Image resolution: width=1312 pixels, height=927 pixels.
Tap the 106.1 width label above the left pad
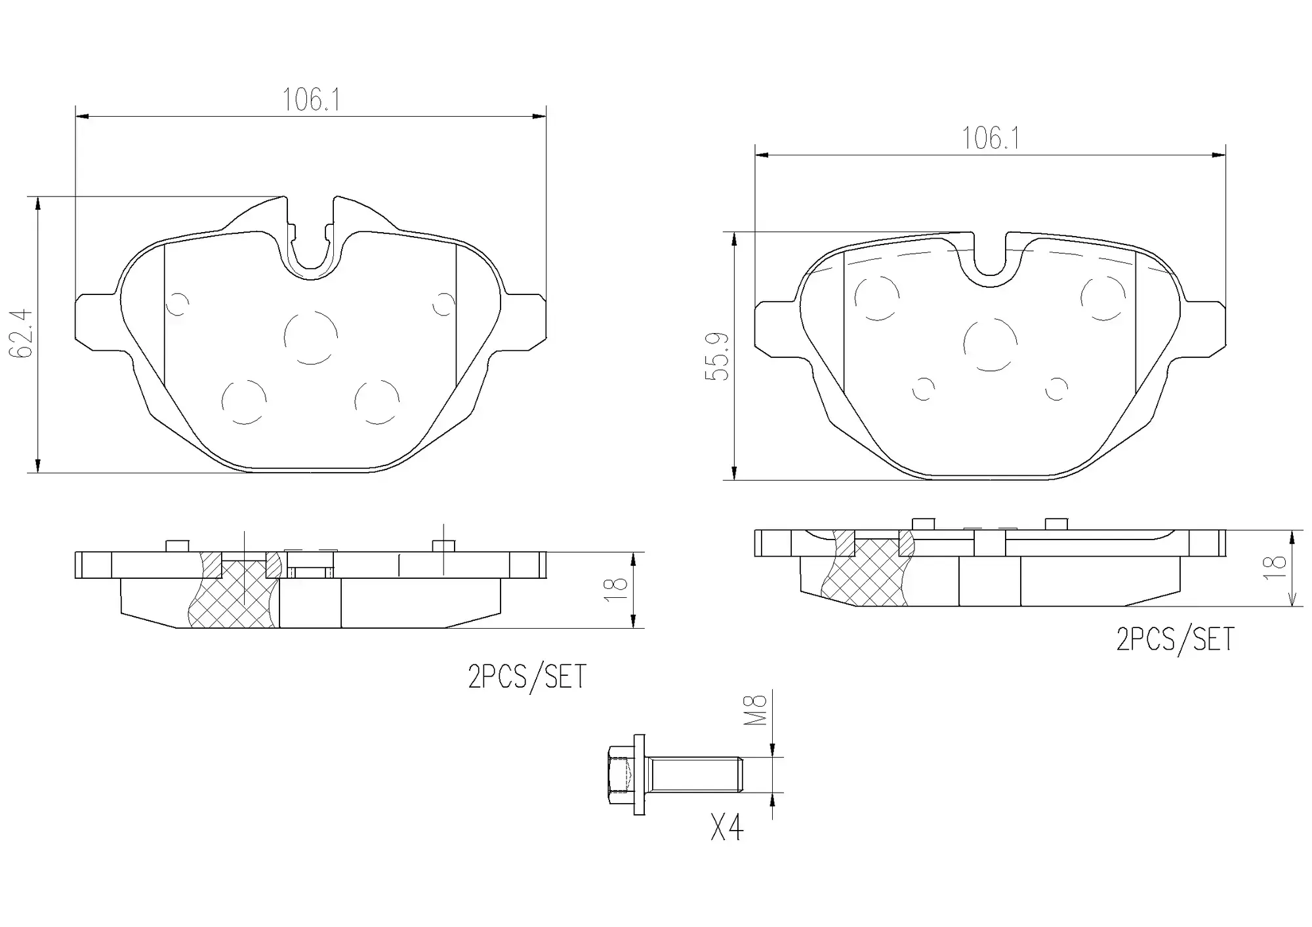tap(311, 100)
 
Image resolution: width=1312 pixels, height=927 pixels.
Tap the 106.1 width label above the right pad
tap(991, 138)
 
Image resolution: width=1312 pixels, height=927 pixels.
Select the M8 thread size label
tap(756, 710)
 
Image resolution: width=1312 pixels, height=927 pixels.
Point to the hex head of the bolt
tap(620, 775)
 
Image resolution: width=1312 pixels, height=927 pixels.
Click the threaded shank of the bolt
tap(695, 775)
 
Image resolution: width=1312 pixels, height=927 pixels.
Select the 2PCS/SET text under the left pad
tap(527, 677)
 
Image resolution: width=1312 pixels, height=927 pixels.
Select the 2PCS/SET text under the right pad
tap(1175, 639)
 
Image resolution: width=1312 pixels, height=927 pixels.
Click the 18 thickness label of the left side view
tap(619, 589)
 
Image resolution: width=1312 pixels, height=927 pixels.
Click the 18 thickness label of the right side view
tap(1275, 568)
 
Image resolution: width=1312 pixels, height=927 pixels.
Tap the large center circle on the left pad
tap(311, 338)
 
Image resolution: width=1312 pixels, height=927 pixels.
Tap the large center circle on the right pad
tap(991, 345)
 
